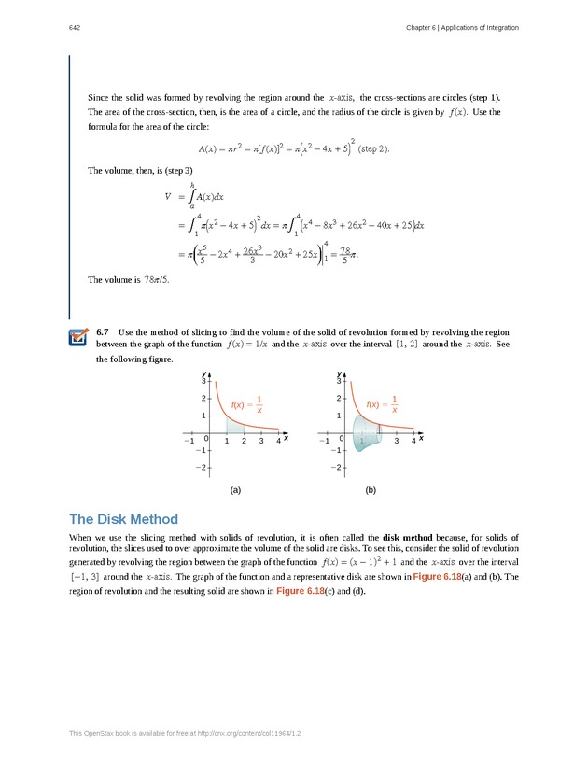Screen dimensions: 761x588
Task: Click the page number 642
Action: click(74, 28)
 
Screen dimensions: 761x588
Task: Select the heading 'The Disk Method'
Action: click(123, 519)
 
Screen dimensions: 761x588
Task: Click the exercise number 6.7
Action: click(103, 332)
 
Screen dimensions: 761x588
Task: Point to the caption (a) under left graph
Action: click(235, 489)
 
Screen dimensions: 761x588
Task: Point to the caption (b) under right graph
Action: click(371, 489)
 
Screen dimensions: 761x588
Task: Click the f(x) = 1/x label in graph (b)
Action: click(384, 404)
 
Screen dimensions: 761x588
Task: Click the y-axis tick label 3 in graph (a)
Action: click(203, 381)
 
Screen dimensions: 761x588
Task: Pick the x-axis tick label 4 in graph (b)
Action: click(413, 441)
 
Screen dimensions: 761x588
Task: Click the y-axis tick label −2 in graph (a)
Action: click(200, 467)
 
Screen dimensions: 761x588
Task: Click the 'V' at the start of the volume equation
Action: click(168, 197)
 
